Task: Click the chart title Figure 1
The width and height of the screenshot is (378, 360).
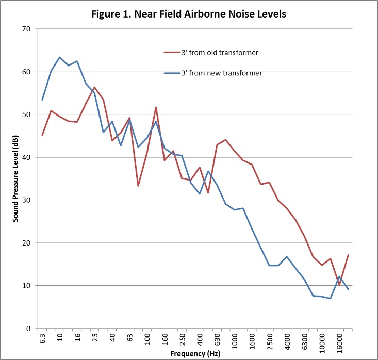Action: pyautogui.click(x=189, y=14)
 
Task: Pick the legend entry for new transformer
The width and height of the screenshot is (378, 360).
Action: pyautogui.click(x=221, y=73)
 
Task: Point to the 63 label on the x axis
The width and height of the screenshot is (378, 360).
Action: pyautogui.click(x=130, y=338)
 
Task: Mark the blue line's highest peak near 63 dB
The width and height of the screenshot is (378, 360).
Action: pyautogui.click(x=60, y=57)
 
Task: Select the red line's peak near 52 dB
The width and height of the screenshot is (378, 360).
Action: pyautogui.click(x=156, y=107)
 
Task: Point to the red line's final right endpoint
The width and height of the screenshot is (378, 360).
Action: pyautogui.click(x=348, y=255)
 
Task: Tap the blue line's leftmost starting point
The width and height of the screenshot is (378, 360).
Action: pyautogui.click(x=42, y=100)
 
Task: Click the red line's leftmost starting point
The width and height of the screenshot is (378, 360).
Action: pyautogui.click(x=42, y=135)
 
